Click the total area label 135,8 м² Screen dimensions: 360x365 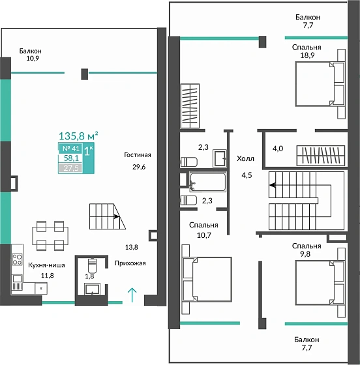coord(78,136)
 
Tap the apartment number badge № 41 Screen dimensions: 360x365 coord(71,149)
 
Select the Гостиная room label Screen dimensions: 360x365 coord(138,155)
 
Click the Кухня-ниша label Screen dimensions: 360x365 coord(46,265)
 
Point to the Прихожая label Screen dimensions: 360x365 coord(130,263)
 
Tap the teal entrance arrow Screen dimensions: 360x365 coord(132,295)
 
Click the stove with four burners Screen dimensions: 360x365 coord(17,259)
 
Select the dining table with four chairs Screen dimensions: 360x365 coord(50,236)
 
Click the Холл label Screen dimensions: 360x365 coord(245,159)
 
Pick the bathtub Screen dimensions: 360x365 coord(207,182)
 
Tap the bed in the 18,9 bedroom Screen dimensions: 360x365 coord(320,84)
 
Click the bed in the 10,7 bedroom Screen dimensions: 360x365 coord(207,279)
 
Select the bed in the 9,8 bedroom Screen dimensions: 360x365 coord(320,283)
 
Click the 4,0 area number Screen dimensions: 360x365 coord(278,149)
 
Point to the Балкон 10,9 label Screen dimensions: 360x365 coord(31,55)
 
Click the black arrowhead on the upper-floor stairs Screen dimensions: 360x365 coord(273,185)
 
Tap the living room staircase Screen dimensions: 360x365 coord(108,216)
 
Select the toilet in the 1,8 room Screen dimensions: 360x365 coord(92,265)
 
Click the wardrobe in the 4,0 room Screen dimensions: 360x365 coord(321,156)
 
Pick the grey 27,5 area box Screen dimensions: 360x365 coord(70,168)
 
